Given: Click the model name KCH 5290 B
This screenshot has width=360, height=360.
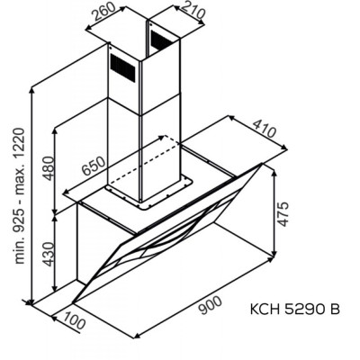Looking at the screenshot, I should pyautogui.click(x=294, y=310).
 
